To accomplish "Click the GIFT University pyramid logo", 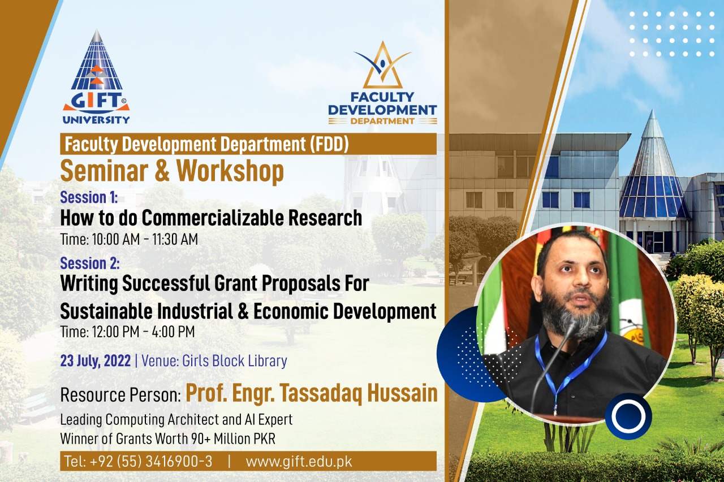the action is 96,77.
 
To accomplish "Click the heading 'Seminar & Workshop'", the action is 172,171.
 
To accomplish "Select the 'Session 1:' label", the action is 89,197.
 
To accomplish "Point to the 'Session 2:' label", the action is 90,263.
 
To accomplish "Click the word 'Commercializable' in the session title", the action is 213,218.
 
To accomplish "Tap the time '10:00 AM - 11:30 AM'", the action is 145,239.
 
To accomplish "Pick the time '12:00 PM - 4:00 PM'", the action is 144,332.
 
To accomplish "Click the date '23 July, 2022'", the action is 96,361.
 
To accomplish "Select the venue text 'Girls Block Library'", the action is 235,361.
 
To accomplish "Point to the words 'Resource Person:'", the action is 120,395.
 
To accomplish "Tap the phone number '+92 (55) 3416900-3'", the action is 151,461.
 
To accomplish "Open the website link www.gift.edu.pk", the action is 299,462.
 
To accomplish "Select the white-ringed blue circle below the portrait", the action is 628,416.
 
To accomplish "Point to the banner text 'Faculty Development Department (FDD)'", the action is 207,144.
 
